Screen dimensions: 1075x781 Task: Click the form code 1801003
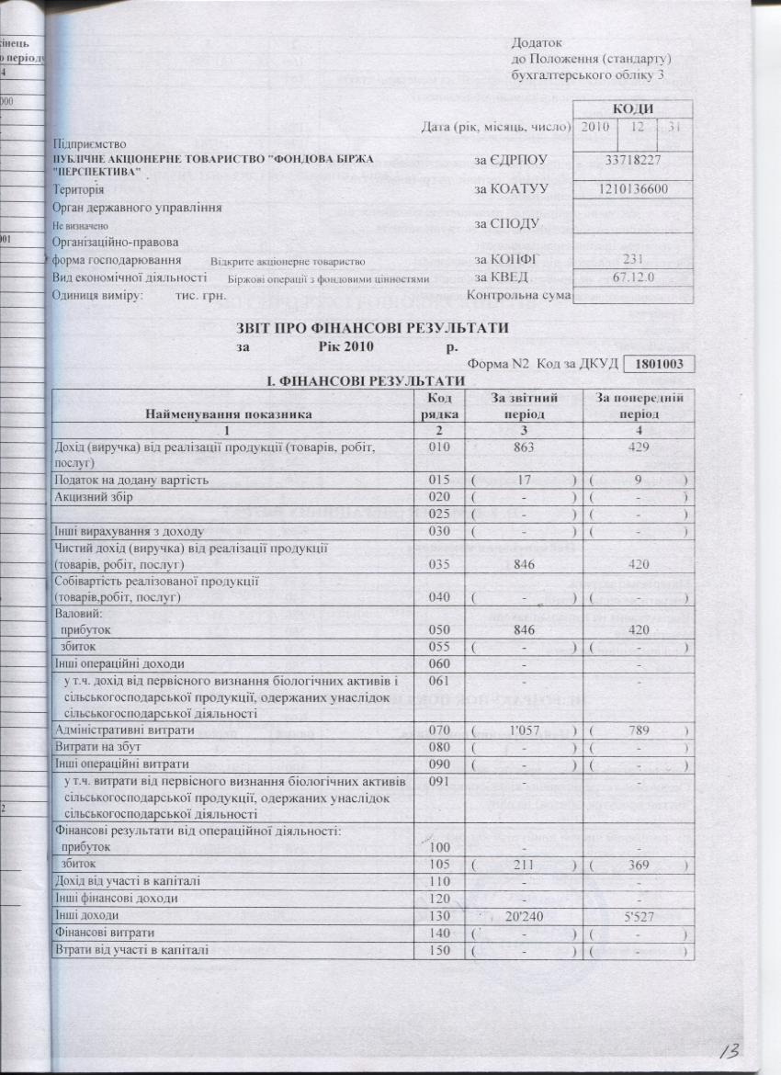click(x=659, y=364)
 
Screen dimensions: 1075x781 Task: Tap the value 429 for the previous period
click(x=637, y=447)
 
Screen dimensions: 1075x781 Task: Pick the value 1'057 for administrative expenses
click(x=521, y=730)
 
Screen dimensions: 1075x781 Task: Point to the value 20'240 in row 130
click(x=521, y=915)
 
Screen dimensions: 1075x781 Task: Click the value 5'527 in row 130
click(x=637, y=915)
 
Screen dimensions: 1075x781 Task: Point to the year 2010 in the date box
click(x=595, y=126)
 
